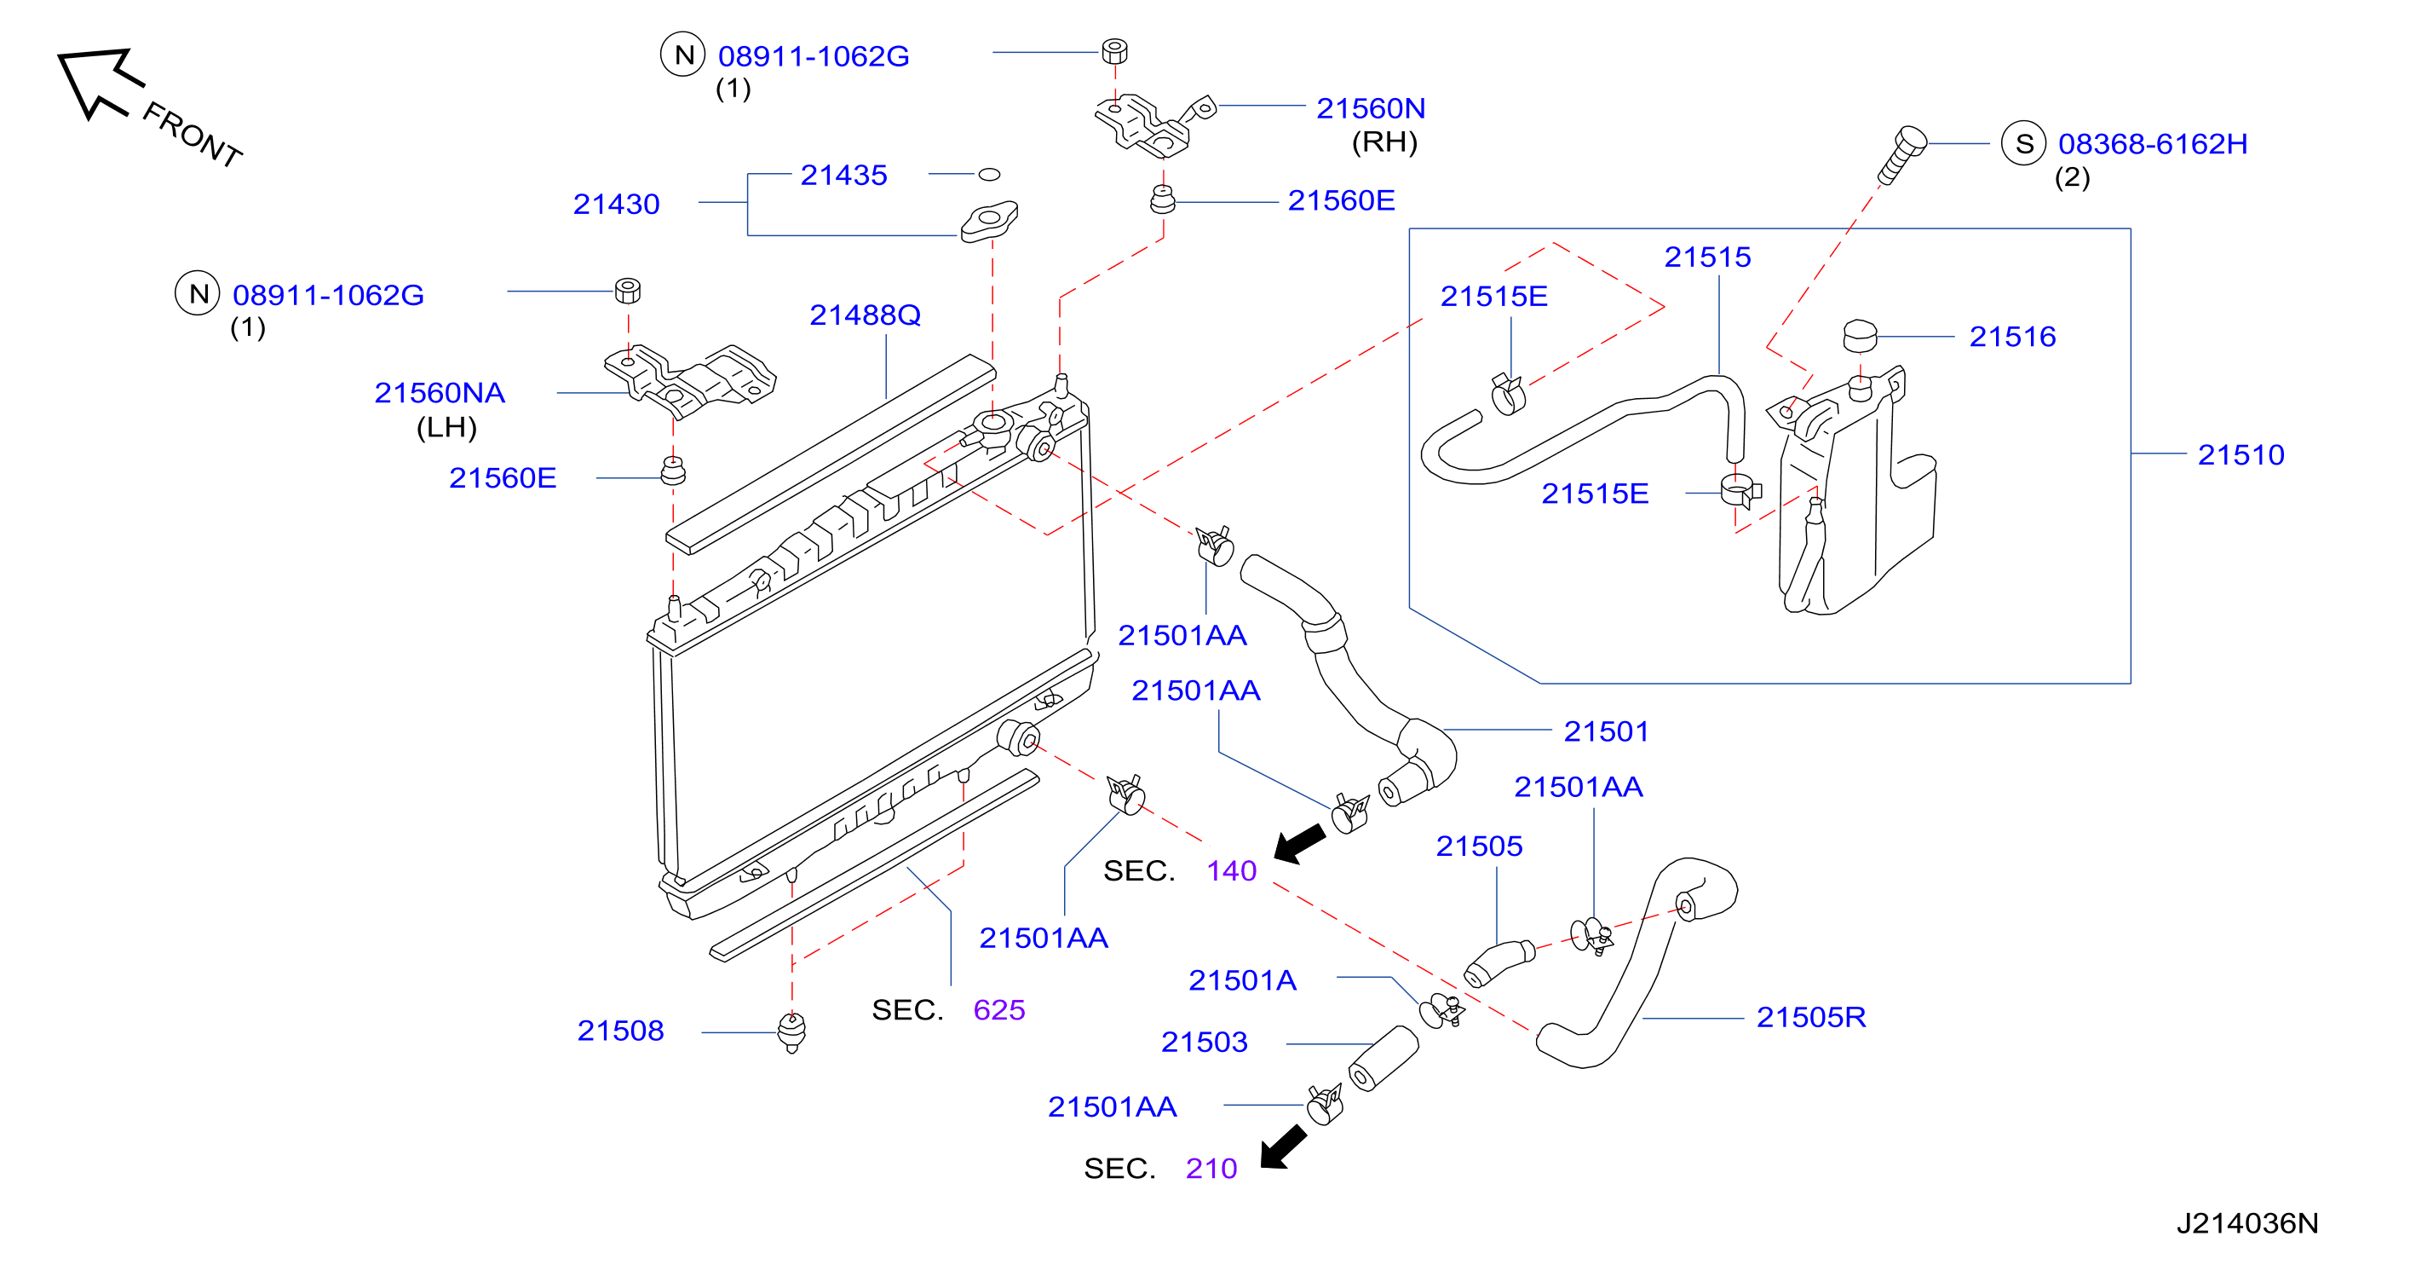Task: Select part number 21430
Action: [616, 204]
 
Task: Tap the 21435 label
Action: [843, 175]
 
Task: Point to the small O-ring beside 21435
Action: [988, 174]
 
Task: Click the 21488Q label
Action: [865, 315]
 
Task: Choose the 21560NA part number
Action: [439, 392]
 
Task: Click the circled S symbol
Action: [2023, 143]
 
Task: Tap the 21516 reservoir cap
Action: [1860, 335]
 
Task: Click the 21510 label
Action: [2241, 454]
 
